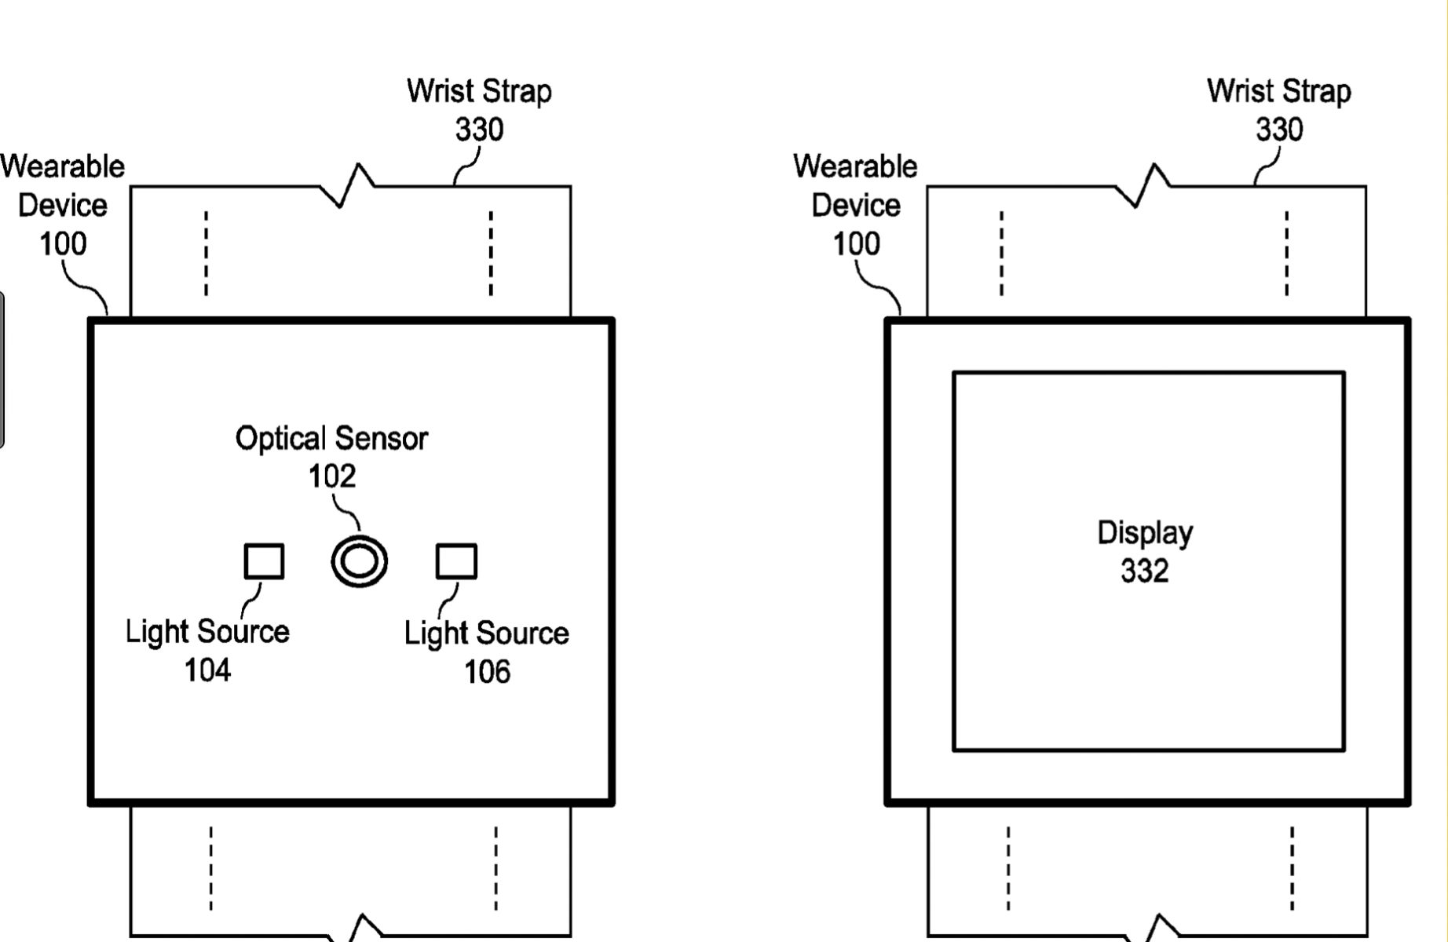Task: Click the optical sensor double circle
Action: (x=359, y=561)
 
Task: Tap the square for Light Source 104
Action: (x=264, y=561)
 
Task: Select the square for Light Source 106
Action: (x=456, y=561)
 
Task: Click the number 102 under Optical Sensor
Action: (x=331, y=476)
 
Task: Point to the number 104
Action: (x=207, y=670)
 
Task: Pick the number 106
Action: (x=487, y=672)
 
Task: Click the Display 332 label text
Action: (x=1145, y=534)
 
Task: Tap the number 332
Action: (x=1145, y=571)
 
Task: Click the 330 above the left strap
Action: (x=479, y=130)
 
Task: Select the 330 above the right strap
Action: (x=1279, y=130)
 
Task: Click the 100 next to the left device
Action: (x=63, y=244)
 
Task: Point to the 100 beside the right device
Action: (x=856, y=244)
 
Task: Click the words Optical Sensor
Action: (x=331, y=438)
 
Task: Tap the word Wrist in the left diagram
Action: (x=440, y=91)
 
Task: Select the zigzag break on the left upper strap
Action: (x=348, y=186)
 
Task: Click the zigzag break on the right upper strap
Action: (x=1144, y=186)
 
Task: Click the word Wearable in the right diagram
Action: (x=855, y=166)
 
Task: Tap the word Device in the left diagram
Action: (x=63, y=206)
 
